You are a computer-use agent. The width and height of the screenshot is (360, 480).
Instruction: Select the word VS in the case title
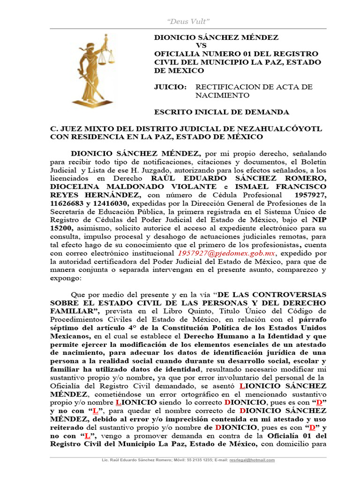tap(201, 45)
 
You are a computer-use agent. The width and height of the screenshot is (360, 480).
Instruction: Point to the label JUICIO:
tap(170, 87)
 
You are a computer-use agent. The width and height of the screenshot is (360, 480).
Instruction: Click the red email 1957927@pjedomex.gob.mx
tap(226, 253)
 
